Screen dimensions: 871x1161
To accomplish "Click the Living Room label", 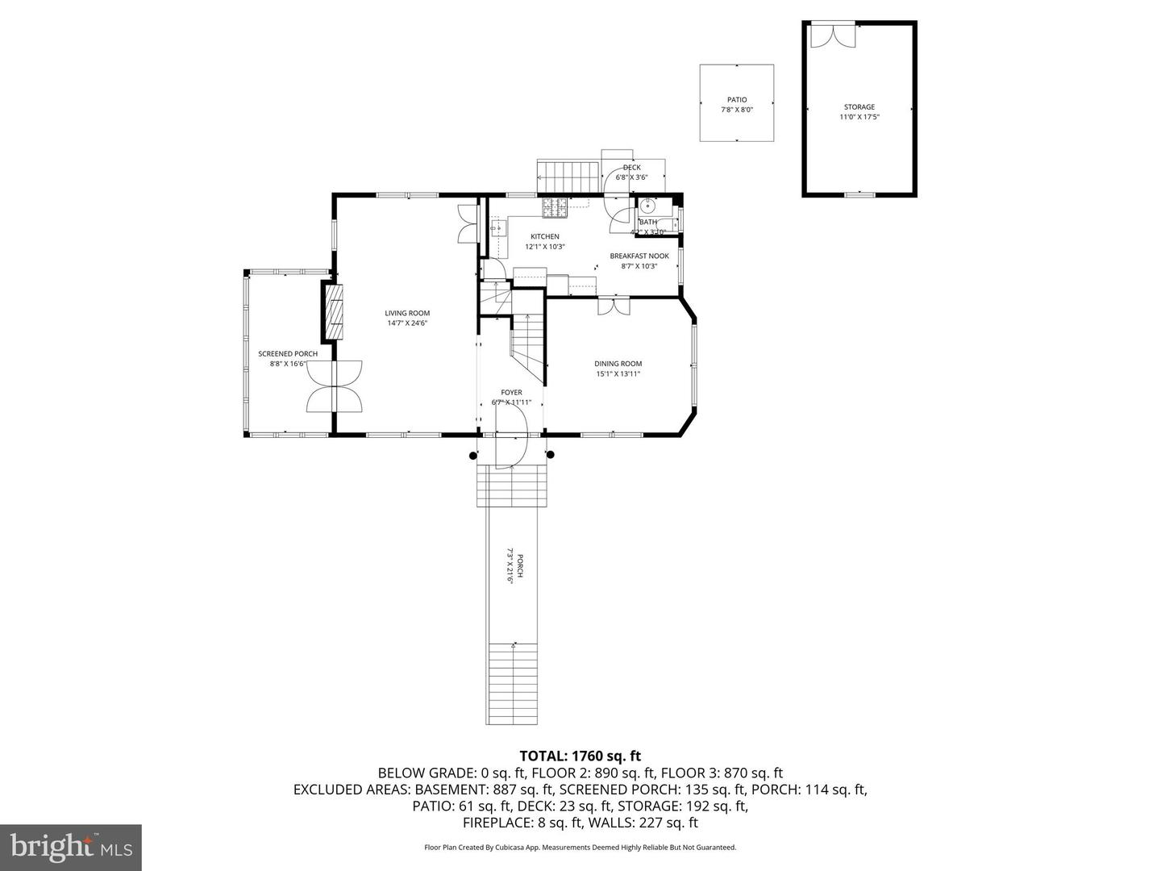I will point(406,313).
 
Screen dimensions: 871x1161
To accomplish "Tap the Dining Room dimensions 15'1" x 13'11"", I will point(618,373).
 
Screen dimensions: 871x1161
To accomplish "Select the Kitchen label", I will point(544,236).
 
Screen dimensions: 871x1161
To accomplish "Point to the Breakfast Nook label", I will point(639,256).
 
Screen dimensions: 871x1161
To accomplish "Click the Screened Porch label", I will point(288,353).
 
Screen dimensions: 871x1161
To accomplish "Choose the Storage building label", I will point(859,106).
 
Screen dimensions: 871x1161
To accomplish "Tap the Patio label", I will point(736,100).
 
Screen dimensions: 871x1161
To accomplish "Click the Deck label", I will point(631,168).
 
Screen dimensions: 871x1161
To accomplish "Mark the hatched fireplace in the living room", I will point(334,311).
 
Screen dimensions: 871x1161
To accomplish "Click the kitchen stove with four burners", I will point(554,207).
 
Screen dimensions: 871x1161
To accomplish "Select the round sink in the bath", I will point(647,205).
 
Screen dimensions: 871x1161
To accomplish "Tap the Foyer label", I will point(511,393).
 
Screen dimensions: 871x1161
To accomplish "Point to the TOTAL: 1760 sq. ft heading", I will point(580,756).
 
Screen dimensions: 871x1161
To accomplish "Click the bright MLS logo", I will point(71,846).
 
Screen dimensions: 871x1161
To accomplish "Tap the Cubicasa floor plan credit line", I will point(580,848).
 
